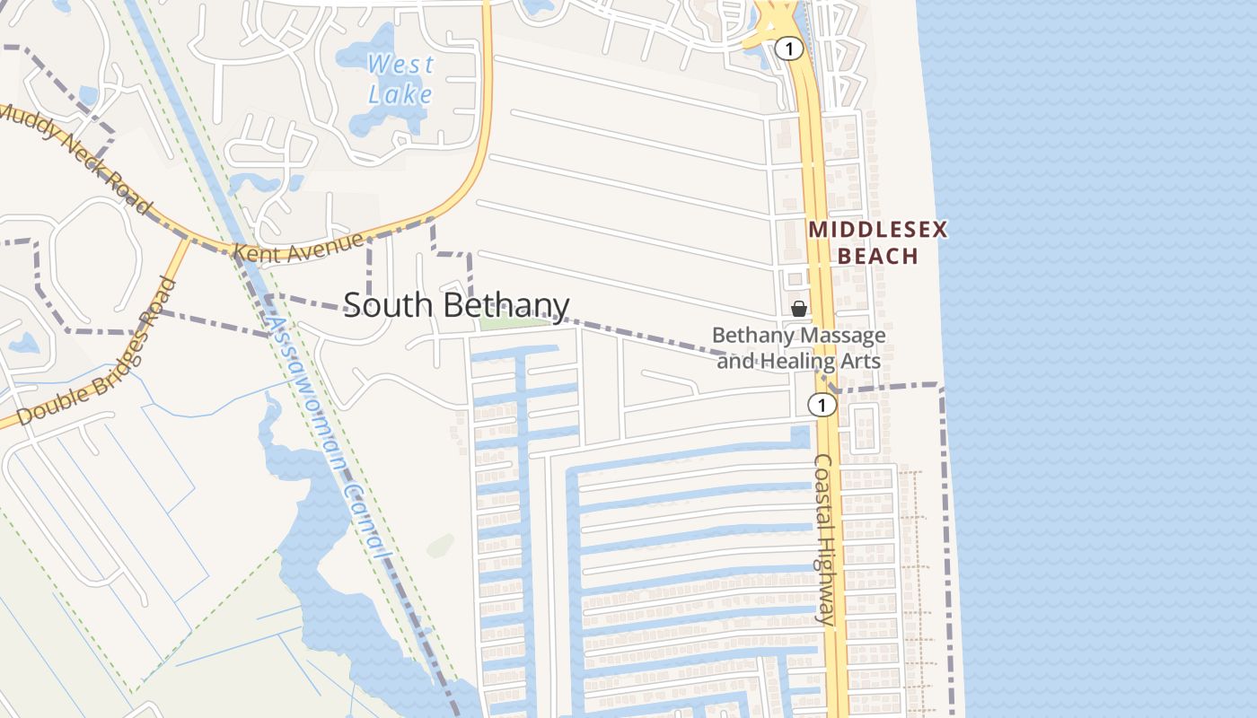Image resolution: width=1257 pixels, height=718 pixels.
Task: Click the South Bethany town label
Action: point(456,305)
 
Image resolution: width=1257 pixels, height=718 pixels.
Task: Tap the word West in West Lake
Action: point(400,65)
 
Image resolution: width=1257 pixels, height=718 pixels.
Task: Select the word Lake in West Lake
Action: point(400,93)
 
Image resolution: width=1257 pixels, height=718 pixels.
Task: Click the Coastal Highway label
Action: point(824,538)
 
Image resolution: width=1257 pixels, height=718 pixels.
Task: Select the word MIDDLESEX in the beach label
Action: point(877,230)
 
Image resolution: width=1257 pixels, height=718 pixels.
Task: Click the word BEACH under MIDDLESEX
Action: point(877,257)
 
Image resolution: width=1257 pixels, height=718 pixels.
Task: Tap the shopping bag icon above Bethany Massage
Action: point(798,309)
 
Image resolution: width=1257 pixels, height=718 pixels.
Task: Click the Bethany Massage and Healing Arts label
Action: point(798,348)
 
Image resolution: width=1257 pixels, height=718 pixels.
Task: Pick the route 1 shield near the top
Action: point(788,48)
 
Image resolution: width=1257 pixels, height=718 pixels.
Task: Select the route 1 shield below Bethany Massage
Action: point(821,405)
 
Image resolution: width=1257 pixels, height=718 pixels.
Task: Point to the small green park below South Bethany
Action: point(514,322)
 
